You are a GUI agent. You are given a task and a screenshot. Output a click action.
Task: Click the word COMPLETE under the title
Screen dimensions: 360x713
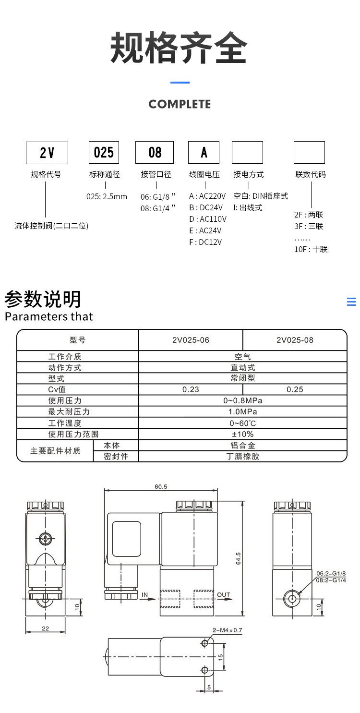tap(180, 104)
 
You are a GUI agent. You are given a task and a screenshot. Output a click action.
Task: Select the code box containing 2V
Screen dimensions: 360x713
tap(47, 153)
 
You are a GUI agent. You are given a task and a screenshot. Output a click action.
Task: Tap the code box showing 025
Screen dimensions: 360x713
tap(104, 153)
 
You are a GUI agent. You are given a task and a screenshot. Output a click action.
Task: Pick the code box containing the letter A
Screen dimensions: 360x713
tap(204, 153)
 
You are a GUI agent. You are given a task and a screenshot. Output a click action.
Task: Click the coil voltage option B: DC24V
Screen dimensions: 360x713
tap(206, 207)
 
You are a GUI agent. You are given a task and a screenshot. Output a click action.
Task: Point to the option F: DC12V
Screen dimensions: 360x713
tap(205, 242)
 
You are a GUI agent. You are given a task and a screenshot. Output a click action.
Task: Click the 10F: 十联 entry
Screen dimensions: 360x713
tap(311, 249)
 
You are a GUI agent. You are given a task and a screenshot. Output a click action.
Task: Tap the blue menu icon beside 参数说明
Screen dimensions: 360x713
tap(351, 302)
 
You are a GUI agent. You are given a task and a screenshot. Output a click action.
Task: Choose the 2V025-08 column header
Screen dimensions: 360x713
tap(295, 340)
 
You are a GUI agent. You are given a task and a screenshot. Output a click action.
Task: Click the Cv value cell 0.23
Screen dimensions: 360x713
tap(191, 389)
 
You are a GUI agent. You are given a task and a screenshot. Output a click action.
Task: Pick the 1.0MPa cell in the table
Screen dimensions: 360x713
tap(242, 412)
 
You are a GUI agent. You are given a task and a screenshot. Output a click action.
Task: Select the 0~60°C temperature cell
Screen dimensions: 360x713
tap(242, 423)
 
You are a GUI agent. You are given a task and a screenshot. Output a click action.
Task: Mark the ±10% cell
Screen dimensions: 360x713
tap(242, 434)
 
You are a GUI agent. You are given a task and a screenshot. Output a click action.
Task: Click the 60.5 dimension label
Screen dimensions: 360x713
tap(161, 486)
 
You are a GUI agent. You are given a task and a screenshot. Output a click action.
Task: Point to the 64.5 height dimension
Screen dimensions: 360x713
tap(239, 558)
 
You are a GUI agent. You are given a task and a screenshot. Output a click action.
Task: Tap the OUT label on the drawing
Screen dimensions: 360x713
tap(224, 594)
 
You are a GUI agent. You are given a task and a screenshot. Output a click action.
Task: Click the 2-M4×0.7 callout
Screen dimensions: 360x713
tap(228, 630)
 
